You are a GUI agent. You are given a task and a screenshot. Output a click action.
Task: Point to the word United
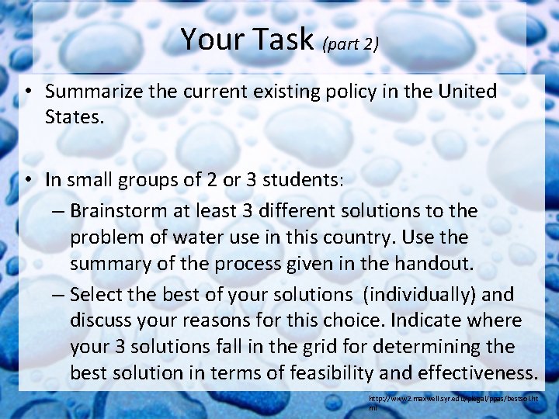(467, 92)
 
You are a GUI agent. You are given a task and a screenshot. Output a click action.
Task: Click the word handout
(432, 263)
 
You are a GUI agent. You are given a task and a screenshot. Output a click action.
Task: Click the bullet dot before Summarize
(27, 92)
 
